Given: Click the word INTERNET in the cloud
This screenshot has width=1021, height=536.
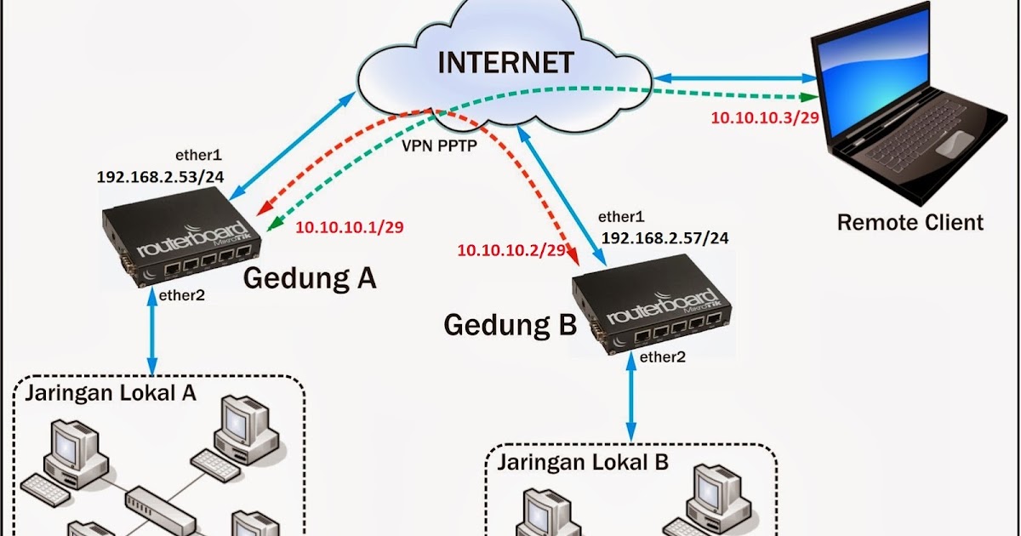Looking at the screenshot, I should click(506, 63).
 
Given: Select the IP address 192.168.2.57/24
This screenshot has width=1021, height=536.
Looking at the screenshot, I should click(665, 238).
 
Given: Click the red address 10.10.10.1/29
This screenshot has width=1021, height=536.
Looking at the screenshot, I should click(349, 227).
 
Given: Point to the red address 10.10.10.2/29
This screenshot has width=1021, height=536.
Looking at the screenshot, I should click(511, 250).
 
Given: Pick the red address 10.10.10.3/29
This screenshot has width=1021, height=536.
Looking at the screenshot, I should click(764, 117).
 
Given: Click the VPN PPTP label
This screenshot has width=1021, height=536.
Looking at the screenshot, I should click(439, 145).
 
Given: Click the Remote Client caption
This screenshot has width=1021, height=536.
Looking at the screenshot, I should click(910, 223).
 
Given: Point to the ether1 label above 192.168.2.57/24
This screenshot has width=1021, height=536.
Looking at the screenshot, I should click(622, 217).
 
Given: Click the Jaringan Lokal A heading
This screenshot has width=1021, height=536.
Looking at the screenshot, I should click(111, 393).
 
